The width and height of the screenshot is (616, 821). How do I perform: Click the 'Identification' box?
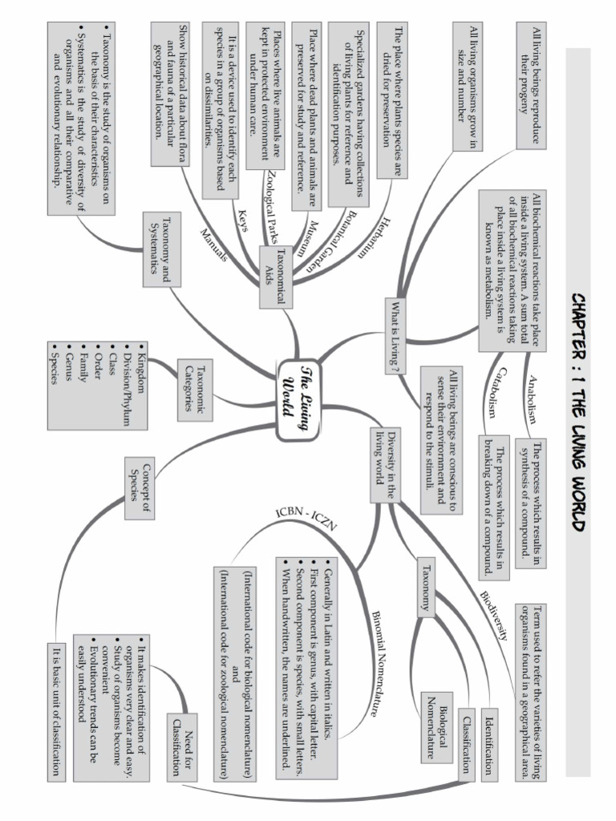pyautogui.click(x=489, y=742)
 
